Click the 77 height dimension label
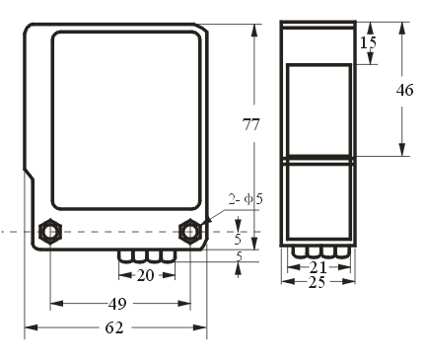click(250, 124)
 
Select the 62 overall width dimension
click(114, 327)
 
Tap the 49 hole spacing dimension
click(117, 304)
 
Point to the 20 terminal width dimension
click(145, 275)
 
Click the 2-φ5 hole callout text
click(246, 199)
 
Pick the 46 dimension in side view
click(404, 90)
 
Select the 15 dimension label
click(368, 42)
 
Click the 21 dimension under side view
click(319, 267)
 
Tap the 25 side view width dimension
click(317, 282)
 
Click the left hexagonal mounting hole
click(50, 232)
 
